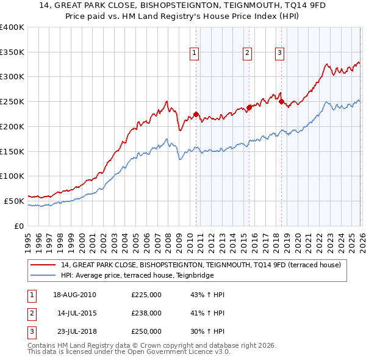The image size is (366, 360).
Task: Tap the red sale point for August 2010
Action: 196,113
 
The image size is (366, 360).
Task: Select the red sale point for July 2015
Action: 249,107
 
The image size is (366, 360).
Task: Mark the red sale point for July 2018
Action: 281,101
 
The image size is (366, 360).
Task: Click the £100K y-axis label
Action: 12,176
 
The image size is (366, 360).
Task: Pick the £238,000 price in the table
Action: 146,313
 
